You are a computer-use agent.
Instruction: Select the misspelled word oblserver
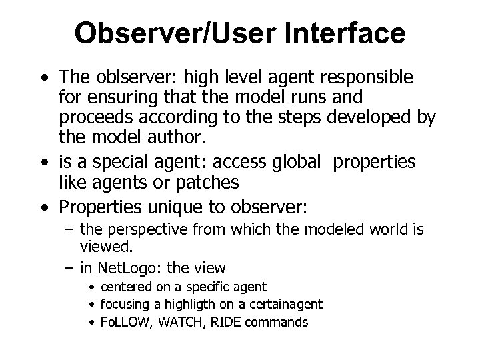pos(124,79)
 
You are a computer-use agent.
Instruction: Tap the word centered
pos(126,287)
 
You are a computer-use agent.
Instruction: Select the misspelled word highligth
pos(181,305)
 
